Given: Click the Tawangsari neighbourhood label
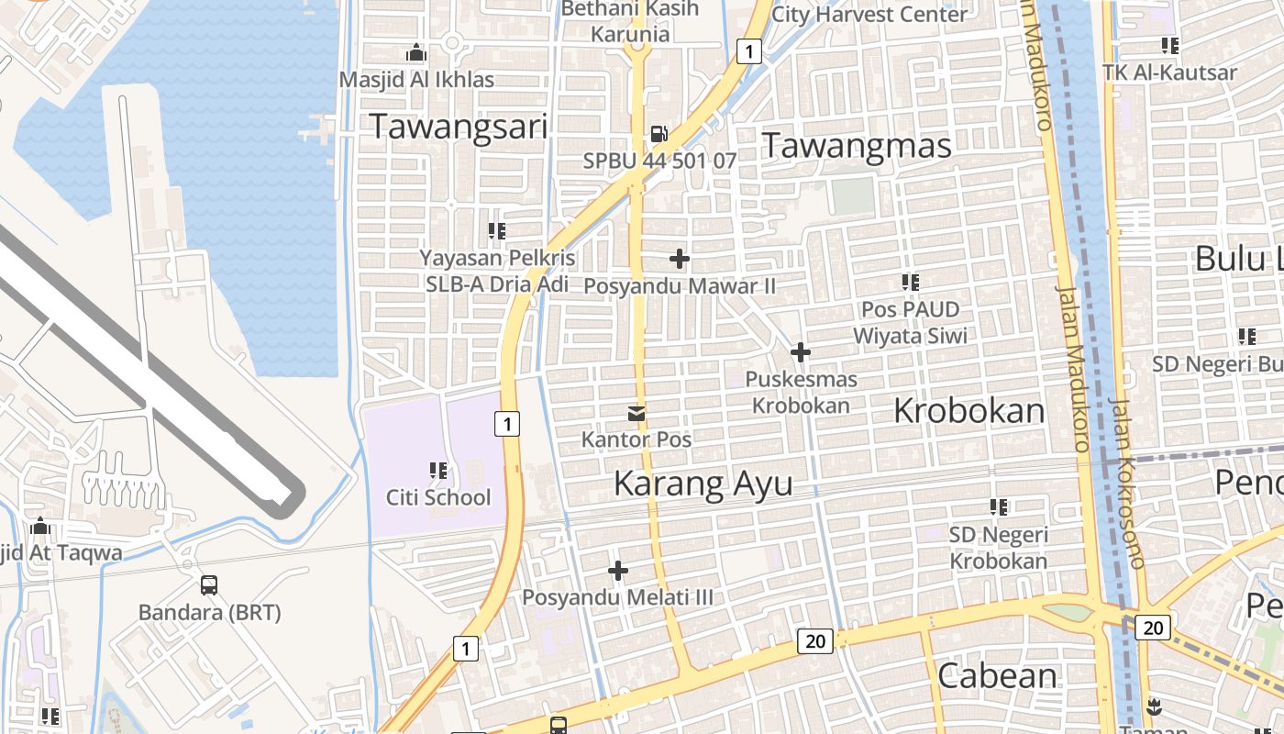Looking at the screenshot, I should (x=459, y=127).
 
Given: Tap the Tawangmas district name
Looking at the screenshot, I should (x=857, y=145).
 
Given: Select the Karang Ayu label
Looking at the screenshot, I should (x=703, y=483).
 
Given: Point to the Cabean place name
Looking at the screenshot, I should (x=997, y=675).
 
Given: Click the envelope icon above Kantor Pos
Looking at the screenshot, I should (x=636, y=414).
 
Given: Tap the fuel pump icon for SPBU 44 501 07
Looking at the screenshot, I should (x=659, y=135).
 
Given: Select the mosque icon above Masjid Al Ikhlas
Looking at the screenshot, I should (x=416, y=53).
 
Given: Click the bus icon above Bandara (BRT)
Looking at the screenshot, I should (x=209, y=585).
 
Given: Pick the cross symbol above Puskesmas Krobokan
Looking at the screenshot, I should (x=801, y=352).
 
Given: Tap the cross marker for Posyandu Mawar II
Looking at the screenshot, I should (x=680, y=260).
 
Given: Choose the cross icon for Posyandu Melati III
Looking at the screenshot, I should (x=618, y=572).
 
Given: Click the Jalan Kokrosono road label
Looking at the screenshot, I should (x=1124, y=482).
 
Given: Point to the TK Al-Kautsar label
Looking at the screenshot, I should (x=1169, y=72).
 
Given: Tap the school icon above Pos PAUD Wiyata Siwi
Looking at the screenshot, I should (x=910, y=283).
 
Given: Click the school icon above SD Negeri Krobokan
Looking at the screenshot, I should (x=999, y=506).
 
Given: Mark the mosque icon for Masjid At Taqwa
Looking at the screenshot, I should (x=39, y=528).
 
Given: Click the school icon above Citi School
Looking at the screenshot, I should (x=438, y=472).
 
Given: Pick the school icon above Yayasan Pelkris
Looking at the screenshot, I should (x=497, y=231).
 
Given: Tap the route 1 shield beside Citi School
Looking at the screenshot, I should (x=506, y=424).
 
